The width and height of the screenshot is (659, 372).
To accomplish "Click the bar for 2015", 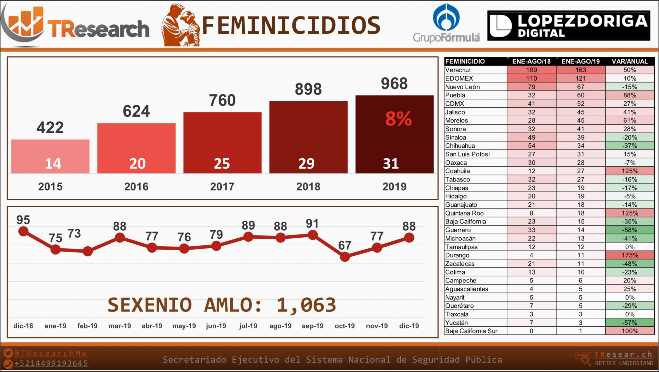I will pos(50,156).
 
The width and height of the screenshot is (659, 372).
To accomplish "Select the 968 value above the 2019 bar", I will pos(394,84).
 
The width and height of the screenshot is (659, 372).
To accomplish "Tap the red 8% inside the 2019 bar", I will pos(398,119).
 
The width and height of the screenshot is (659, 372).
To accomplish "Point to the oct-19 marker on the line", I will pos(345,257).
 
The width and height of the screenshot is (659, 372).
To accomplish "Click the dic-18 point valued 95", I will pos(23,231).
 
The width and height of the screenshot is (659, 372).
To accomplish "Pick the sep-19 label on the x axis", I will pos(312,326).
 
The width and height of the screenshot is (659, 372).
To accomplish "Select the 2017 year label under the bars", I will pos(222,187).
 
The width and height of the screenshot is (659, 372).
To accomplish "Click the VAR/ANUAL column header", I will pos(630,61).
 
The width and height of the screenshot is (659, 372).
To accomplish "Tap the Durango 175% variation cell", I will pos(630,255).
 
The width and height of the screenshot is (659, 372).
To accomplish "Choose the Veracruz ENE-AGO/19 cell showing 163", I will pos(580,70).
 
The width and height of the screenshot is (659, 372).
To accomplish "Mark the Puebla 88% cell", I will pos(630,95).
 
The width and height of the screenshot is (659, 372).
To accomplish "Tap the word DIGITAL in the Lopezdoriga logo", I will pos(541,33).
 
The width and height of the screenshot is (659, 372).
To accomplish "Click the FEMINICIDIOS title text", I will pos(291,25).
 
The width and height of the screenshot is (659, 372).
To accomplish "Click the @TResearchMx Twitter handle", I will pos(50,353).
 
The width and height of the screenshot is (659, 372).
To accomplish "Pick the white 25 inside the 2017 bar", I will pos(222,163).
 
